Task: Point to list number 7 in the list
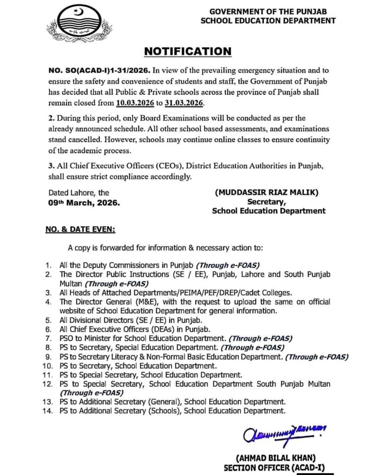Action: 48,339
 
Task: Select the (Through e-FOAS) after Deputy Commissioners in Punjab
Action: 228,265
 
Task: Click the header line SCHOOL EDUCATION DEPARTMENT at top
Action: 268,20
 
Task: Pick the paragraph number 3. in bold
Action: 51,168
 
